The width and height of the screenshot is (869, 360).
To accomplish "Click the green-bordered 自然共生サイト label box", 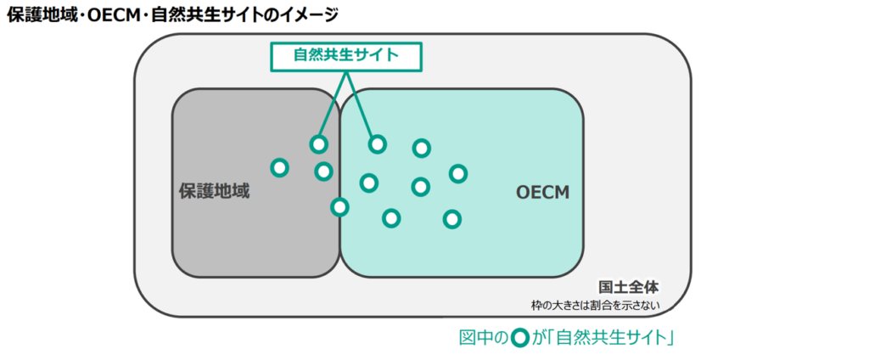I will (x=345, y=55).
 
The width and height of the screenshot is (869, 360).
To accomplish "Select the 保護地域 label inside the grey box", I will (x=214, y=191).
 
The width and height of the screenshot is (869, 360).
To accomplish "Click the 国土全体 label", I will (x=628, y=287).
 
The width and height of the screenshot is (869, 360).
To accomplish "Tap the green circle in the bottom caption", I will (x=521, y=338).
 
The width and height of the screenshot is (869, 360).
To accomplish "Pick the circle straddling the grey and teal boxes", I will (x=339, y=206).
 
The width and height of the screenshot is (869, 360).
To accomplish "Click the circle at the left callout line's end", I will (x=318, y=144).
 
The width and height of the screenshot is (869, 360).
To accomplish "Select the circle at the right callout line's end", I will (x=377, y=144).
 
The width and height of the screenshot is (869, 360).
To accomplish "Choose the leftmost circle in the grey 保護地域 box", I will (x=279, y=167).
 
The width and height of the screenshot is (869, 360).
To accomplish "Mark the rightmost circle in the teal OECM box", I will (x=457, y=173).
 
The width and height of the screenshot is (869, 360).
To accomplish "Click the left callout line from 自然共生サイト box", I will (x=334, y=106).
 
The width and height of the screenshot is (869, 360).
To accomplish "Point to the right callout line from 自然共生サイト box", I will (x=359, y=106).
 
